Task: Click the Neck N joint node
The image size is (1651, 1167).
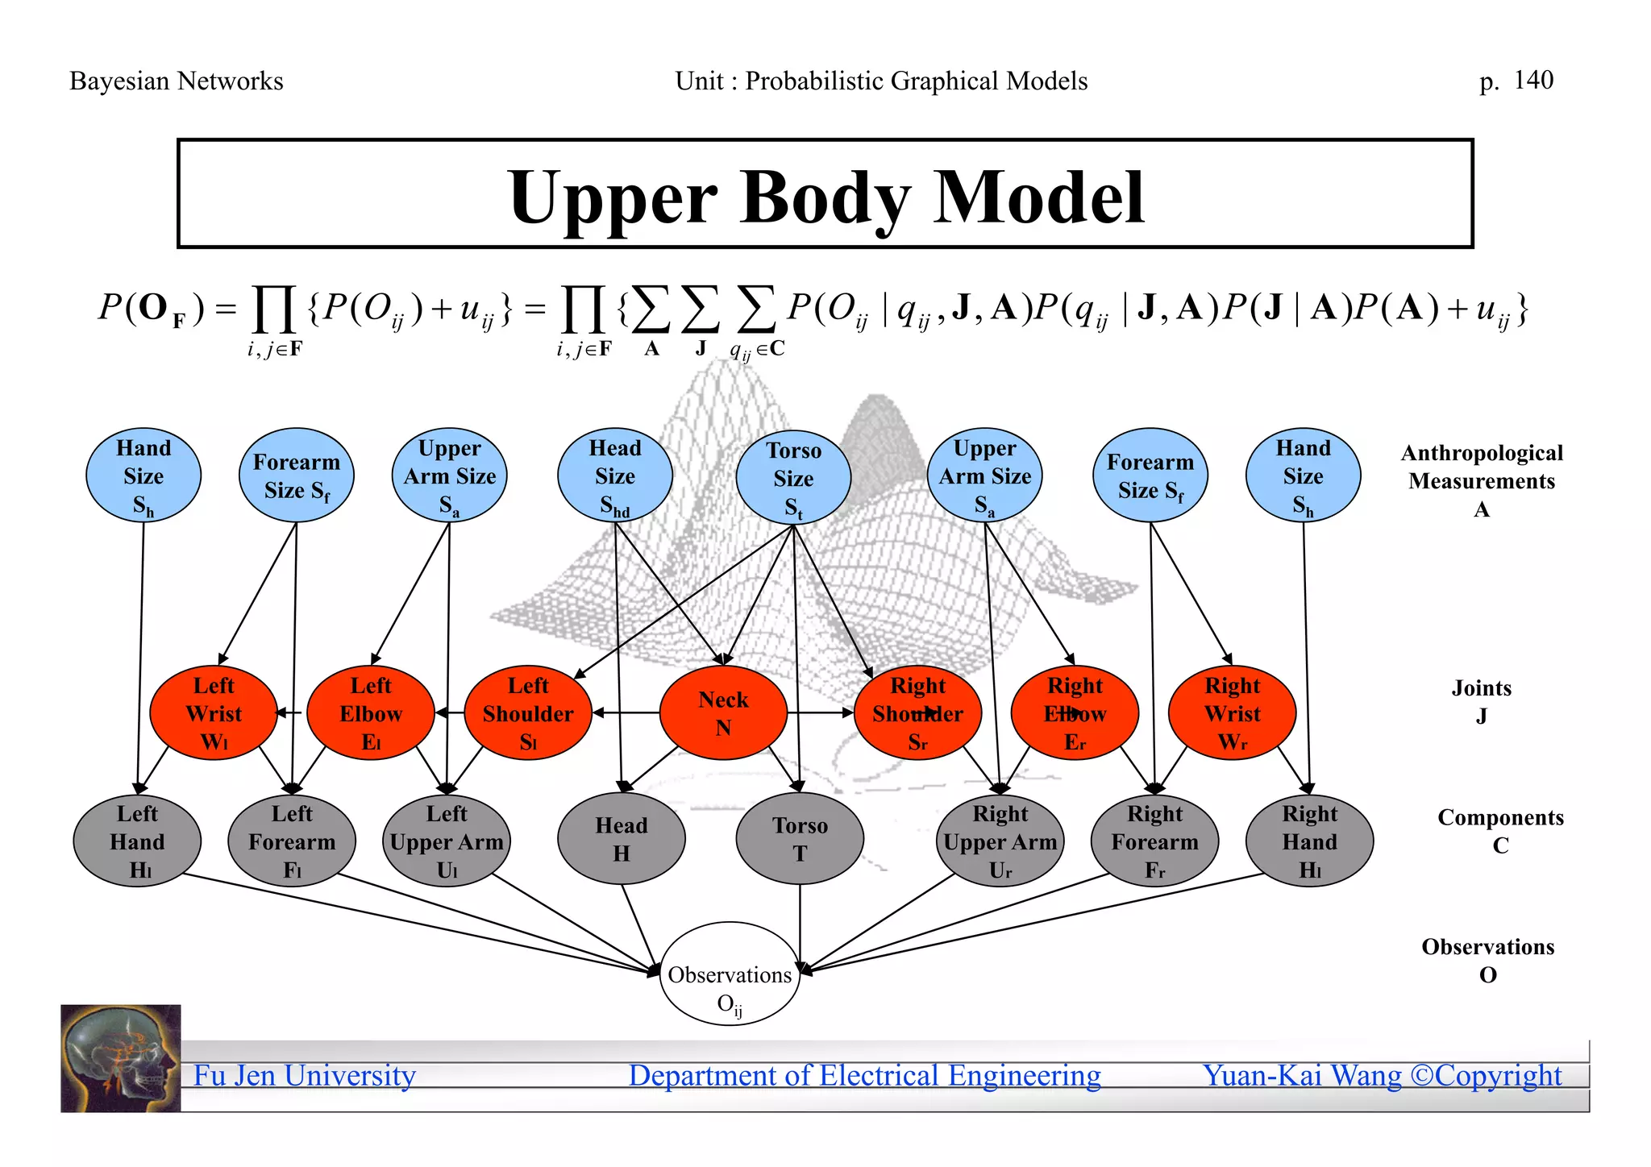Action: (723, 712)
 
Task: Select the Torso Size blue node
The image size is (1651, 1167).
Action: (793, 477)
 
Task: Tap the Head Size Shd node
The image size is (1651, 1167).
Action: (614, 476)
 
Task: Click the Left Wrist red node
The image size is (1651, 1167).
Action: (214, 712)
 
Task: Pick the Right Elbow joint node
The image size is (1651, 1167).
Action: (1075, 712)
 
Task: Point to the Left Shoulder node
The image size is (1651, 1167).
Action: (528, 712)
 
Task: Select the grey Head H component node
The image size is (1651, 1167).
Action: (621, 839)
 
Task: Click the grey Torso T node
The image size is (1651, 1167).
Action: (800, 839)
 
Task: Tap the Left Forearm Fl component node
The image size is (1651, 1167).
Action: (292, 841)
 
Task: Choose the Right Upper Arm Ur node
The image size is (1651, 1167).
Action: (1000, 841)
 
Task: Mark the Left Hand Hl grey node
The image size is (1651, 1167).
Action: (137, 841)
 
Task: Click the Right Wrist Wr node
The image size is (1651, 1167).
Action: (1232, 712)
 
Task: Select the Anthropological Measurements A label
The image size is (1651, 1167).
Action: (1482, 480)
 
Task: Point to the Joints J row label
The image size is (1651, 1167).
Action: (1482, 701)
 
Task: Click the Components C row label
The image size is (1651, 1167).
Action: (1500, 830)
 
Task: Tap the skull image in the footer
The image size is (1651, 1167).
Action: (121, 1058)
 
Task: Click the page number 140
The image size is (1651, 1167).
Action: (1533, 80)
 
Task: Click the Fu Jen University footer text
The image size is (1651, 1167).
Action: (304, 1076)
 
